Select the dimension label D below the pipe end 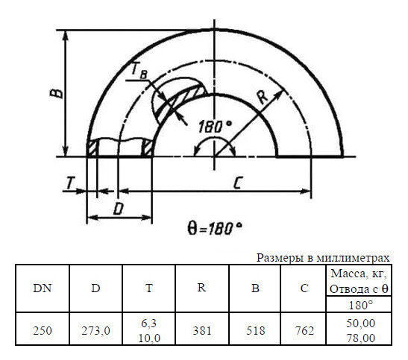click(x=118, y=209)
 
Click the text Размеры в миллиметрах click(x=323, y=258)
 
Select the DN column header click(x=43, y=288)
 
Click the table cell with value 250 click(x=43, y=330)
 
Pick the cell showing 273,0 click(x=95, y=330)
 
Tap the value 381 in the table click(x=201, y=330)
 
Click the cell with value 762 click(x=304, y=330)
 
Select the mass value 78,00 click(x=362, y=338)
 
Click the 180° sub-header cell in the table click(x=362, y=306)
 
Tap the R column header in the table click(x=201, y=288)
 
